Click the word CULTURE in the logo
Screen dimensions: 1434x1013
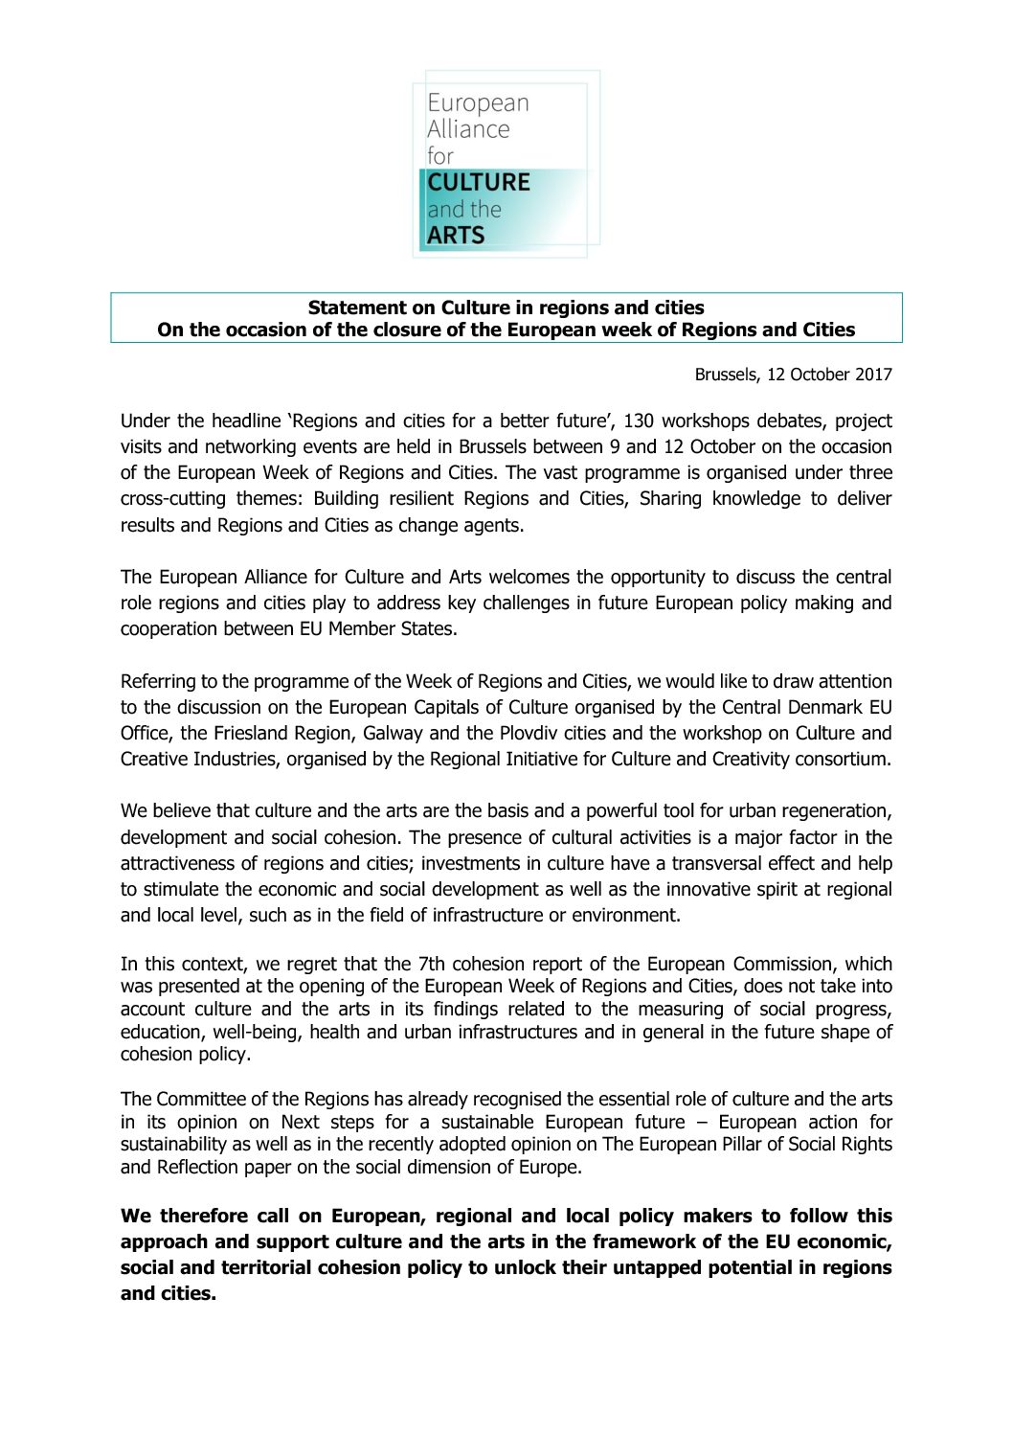pos(479,182)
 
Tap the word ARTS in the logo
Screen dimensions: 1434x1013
pos(456,235)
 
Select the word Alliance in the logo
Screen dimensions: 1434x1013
pos(468,129)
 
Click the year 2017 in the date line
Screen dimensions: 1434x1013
pos(873,375)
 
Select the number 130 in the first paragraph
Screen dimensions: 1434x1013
pos(639,421)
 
